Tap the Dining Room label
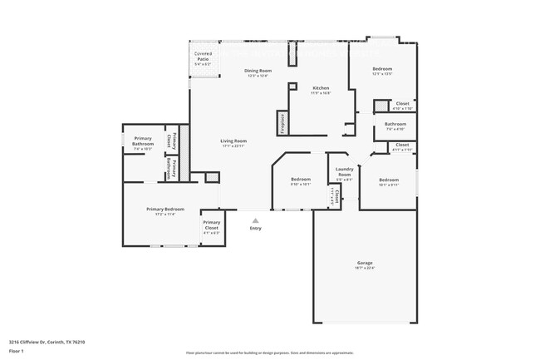[x=258, y=71]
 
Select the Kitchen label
[x=322, y=87]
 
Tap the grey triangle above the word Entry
[x=255, y=220]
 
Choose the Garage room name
[x=365, y=264]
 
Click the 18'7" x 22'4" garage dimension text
[x=365, y=269]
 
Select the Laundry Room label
[x=344, y=171]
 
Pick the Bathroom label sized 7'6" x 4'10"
[x=395, y=125]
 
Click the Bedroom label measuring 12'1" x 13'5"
[x=382, y=69]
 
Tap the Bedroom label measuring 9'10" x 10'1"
[x=300, y=180]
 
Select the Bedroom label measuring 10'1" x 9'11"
[x=389, y=180]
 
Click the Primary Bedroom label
[x=165, y=209]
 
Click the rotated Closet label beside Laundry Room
[x=336, y=195]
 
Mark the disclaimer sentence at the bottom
[x=269, y=353]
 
